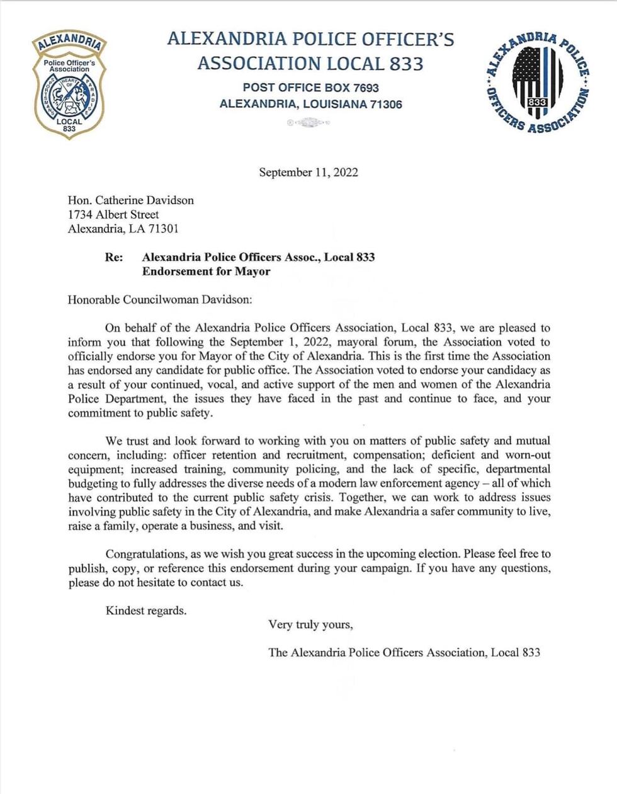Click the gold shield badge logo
coord(69,85)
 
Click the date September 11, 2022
coord(308,173)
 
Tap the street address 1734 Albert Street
coord(113,214)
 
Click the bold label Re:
coord(114,257)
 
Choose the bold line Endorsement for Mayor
coord(206,272)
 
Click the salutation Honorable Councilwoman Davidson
coord(159,299)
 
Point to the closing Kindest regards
coord(146,610)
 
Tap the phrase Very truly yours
coord(310,624)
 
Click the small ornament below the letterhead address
coord(308,123)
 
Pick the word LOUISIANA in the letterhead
coord(336,104)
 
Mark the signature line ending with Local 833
coord(404,652)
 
